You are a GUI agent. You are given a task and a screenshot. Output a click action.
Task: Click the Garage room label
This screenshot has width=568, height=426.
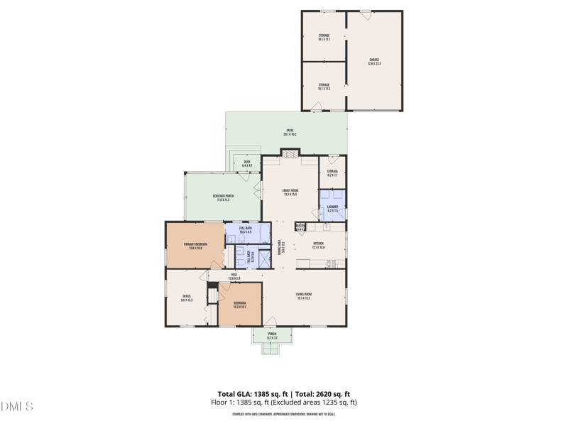coord(374,62)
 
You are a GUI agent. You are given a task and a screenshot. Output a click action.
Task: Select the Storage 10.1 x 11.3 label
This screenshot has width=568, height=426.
coord(324,87)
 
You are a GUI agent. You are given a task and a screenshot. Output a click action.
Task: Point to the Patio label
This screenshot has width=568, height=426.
coord(290,133)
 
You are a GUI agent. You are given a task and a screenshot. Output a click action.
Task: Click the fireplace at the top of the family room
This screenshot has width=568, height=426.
coord(290,152)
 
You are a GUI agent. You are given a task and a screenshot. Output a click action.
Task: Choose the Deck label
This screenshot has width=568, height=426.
coord(247,164)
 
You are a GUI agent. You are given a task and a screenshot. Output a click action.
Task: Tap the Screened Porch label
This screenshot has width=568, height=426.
coord(223,198)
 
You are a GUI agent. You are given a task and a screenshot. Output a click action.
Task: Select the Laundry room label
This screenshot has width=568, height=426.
coord(332,209)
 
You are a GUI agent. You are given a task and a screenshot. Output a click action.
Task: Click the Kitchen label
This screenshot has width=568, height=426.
coord(319,246)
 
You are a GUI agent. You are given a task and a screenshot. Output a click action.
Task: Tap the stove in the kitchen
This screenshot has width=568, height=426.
coord(331,263)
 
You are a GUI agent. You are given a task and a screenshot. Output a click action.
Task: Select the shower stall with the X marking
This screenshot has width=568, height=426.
coord(264,257)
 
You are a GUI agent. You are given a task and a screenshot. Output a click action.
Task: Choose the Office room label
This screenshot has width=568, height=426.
coord(187,298)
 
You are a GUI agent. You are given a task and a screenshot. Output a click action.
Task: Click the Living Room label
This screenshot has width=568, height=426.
coord(304,296)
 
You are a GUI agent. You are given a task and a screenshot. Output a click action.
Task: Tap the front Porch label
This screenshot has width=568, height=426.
coord(272,335)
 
